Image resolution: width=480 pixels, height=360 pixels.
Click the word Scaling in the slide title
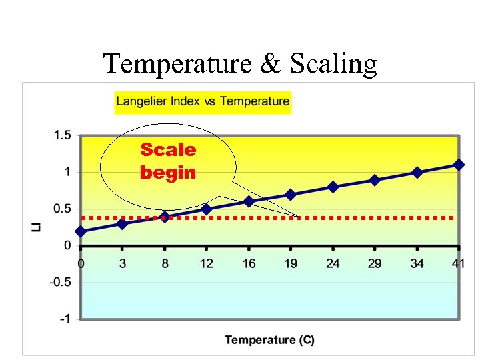click(x=334, y=65)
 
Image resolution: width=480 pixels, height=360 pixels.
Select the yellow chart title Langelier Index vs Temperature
click(x=203, y=101)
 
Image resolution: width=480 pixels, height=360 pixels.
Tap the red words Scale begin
click(x=168, y=161)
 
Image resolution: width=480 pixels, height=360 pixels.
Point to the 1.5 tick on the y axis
click(x=62, y=135)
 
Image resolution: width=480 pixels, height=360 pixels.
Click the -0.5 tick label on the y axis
click(x=60, y=282)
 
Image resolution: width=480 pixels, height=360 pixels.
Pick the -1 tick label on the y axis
click(x=65, y=319)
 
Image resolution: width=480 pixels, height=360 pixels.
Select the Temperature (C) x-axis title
click(x=269, y=340)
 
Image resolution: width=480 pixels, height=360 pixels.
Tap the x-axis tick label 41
click(x=458, y=263)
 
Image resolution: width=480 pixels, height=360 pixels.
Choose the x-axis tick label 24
click(x=333, y=263)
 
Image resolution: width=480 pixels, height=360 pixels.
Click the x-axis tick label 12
click(x=207, y=263)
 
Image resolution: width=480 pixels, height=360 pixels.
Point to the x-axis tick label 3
click(x=122, y=263)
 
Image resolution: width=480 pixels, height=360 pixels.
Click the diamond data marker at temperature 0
click(x=81, y=231)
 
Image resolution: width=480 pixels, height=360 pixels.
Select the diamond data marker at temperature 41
click(x=459, y=165)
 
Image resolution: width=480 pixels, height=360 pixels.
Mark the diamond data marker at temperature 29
click(x=375, y=180)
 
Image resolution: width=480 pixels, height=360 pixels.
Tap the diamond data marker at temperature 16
click(x=249, y=201)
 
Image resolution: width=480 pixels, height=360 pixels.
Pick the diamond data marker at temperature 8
click(x=165, y=216)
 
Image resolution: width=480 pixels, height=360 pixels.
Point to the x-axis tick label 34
click(x=417, y=263)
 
